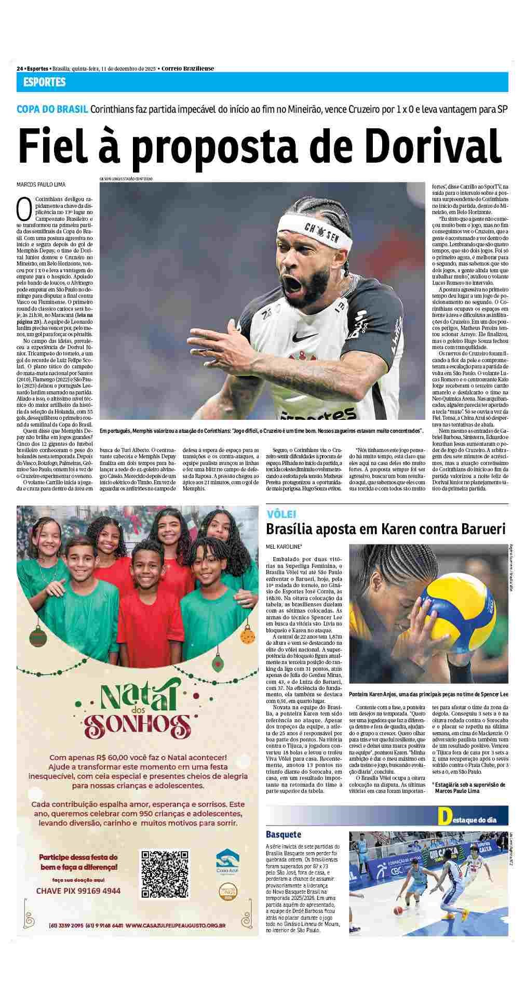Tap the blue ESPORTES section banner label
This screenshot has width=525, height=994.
pos(44,82)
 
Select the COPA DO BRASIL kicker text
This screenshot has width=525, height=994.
pos(52,110)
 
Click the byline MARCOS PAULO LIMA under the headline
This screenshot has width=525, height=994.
pos(42,184)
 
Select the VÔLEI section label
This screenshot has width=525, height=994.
pos(281,514)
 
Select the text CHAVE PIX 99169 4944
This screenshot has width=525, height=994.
pos(78,891)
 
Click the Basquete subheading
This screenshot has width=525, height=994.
pos(284,849)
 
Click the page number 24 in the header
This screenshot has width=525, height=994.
pos(20,69)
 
